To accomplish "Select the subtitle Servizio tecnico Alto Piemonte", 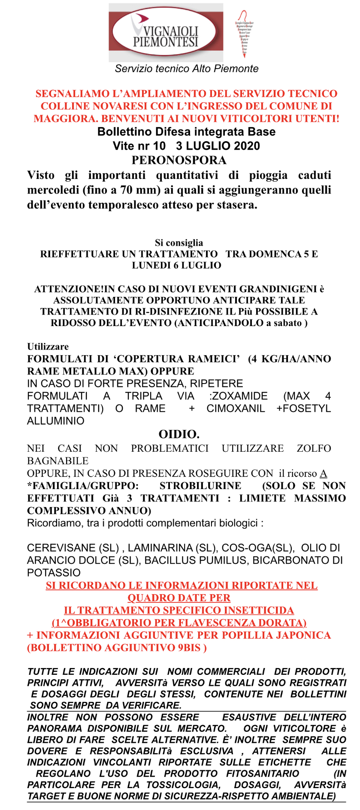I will pos(187,69).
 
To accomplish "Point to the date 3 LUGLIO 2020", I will pos(218,146).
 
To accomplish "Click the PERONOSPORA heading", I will pos(179,160).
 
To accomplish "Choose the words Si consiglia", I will pos(179,243).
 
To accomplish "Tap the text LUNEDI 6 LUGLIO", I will pos(176,265).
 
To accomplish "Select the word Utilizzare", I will pos(48,346).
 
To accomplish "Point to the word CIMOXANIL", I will pos(236,408).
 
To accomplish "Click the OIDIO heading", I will pos(179,434).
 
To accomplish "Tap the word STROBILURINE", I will pos(200,486).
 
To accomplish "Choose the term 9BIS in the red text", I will pos(189,647).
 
